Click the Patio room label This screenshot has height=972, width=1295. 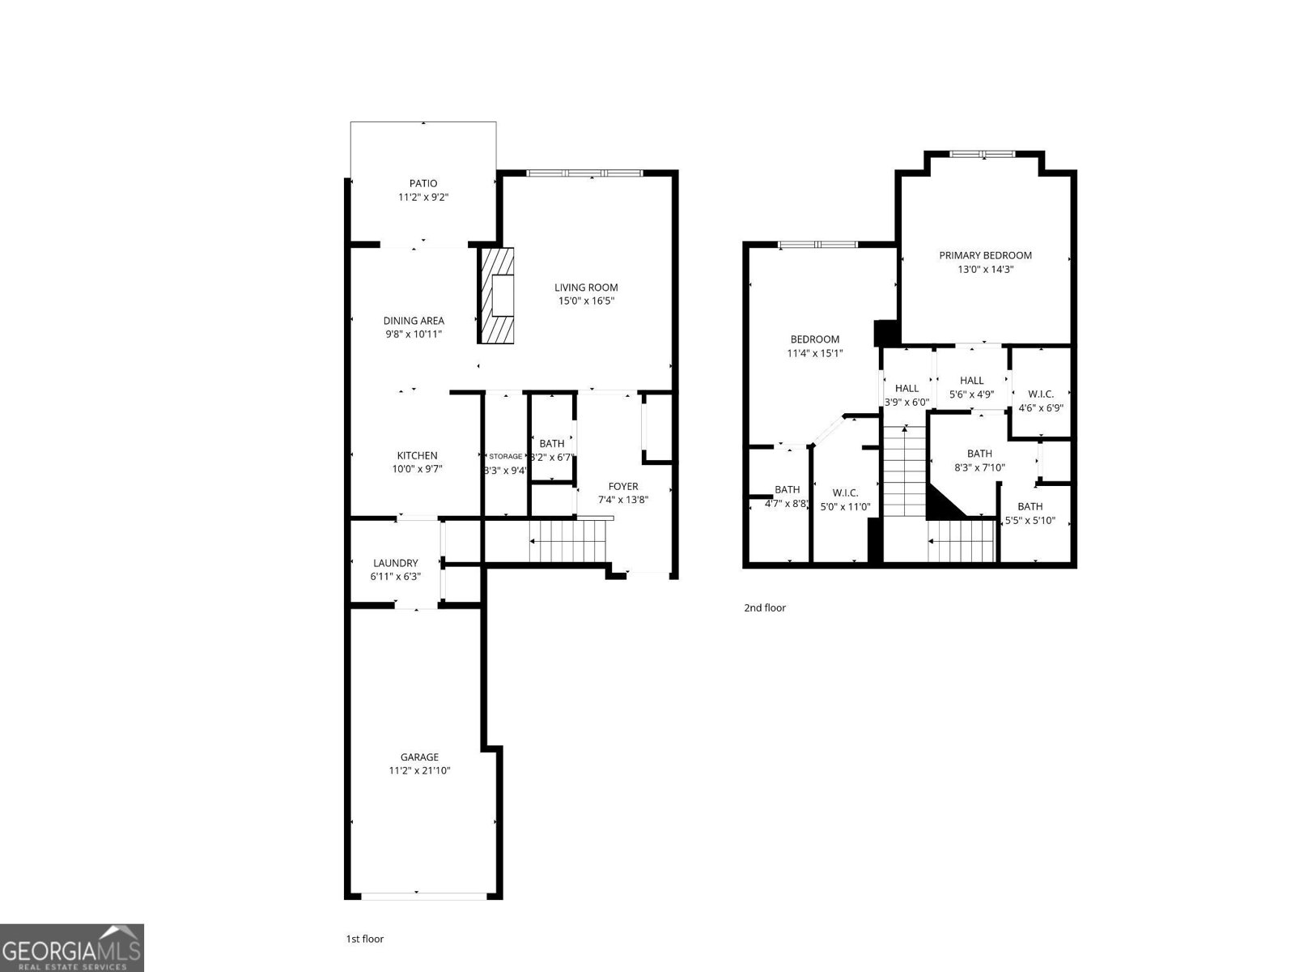pyautogui.click(x=422, y=184)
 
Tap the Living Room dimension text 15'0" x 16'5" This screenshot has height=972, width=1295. pyautogui.click(x=586, y=301)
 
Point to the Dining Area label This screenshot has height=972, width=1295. pyautogui.click(x=414, y=321)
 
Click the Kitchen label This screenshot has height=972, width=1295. pyautogui.click(x=417, y=456)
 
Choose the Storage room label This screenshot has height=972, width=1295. pyautogui.click(x=505, y=457)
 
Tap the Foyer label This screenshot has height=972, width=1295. pyautogui.click(x=623, y=487)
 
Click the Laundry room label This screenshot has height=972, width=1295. pyautogui.click(x=396, y=563)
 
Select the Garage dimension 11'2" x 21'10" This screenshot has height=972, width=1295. pyautogui.click(x=419, y=770)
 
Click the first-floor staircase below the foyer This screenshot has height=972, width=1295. pyautogui.click(x=567, y=541)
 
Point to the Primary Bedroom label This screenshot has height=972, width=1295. pyautogui.click(x=985, y=255)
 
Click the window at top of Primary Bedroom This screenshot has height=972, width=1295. pyautogui.click(x=981, y=154)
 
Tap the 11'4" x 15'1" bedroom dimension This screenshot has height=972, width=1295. pyautogui.click(x=815, y=353)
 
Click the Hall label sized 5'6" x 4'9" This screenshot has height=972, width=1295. pyautogui.click(x=972, y=381)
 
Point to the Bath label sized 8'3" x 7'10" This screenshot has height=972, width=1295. pyautogui.click(x=979, y=454)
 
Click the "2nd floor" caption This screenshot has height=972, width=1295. pyautogui.click(x=765, y=607)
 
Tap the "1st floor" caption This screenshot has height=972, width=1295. pyautogui.click(x=365, y=939)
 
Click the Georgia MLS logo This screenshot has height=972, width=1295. pyautogui.click(x=72, y=948)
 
